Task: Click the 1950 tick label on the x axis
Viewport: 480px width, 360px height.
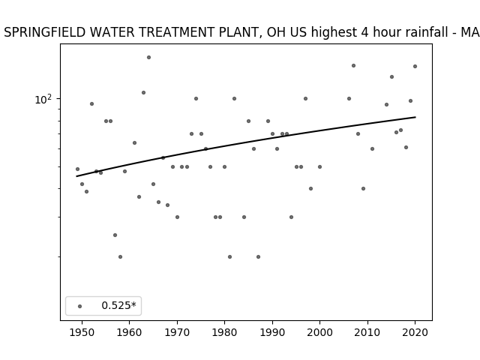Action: point(82,332)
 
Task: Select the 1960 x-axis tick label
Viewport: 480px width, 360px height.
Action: point(130,332)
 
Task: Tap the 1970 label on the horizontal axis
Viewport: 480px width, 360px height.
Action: point(177,332)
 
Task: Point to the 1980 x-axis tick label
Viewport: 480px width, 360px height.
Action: point(225,332)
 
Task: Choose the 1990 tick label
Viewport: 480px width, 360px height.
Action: point(272,332)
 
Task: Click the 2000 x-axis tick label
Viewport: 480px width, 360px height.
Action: point(320,332)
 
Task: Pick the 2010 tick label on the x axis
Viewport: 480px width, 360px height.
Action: point(367,332)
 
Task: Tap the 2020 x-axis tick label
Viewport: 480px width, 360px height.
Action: point(415,332)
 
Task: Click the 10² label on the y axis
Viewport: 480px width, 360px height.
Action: point(43,100)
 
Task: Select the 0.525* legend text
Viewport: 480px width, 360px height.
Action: point(118,305)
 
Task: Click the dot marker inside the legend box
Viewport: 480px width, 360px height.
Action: point(80,306)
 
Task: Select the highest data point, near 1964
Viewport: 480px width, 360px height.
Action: point(148,57)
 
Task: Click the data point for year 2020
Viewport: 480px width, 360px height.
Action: point(415,67)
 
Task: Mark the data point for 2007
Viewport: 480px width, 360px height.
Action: point(353,65)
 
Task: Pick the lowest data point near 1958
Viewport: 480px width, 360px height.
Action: point(120,256)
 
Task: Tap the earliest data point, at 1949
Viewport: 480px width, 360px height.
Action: point(77,169)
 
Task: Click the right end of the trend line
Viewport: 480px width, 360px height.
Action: point(415,117)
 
